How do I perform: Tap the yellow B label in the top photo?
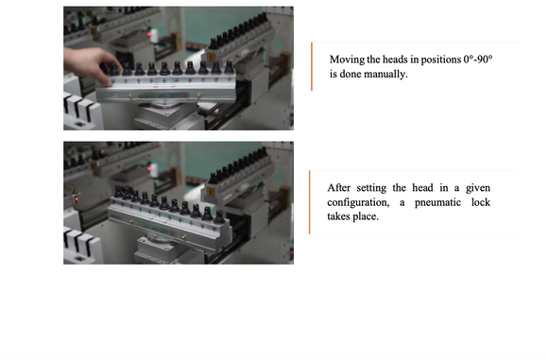coord(211,57)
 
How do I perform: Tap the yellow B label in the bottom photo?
coord(211,192)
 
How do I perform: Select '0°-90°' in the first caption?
coord(478,60)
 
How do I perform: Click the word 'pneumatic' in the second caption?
coord(437,202)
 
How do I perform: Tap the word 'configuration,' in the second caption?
coord(358,202)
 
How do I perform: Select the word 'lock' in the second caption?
coord(481,202)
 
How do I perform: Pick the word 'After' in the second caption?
coord(339,188)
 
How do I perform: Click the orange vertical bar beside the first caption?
coord(312,66)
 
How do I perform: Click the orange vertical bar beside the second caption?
coord(310,202)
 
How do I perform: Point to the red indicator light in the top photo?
coord(150,34)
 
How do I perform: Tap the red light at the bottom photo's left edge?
coord(77,198)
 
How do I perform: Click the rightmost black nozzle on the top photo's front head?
coord(229,67)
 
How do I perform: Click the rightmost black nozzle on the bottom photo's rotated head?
coord(219,217)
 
